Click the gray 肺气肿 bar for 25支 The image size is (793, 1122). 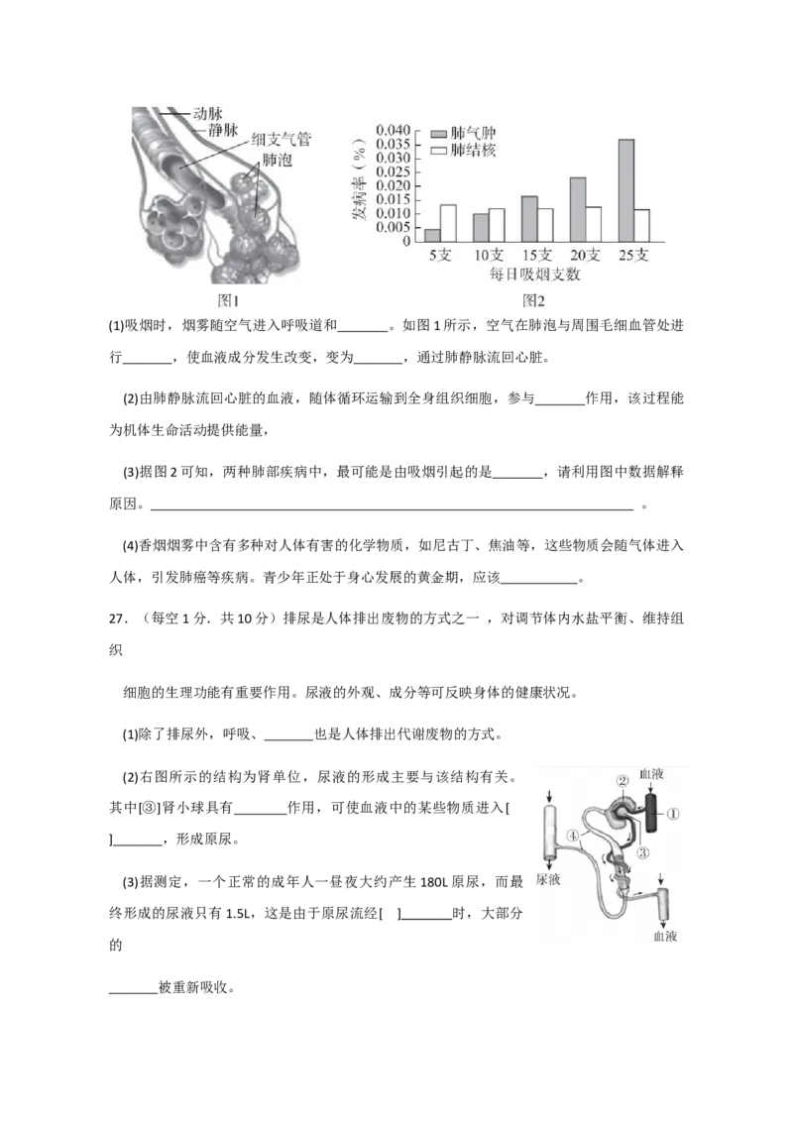tap(626, 189)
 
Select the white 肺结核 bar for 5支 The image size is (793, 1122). tap(448, 223)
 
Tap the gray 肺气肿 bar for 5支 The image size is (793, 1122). tap(432, 235)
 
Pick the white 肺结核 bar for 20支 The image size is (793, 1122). tap(593, 224)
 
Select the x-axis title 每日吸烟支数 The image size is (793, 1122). tap(536, 275)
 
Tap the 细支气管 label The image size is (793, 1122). tap(282, 142)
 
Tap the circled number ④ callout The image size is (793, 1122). tap(574, 836)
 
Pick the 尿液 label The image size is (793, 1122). tap(547, 879)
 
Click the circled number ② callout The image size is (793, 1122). tap(623, 781)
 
